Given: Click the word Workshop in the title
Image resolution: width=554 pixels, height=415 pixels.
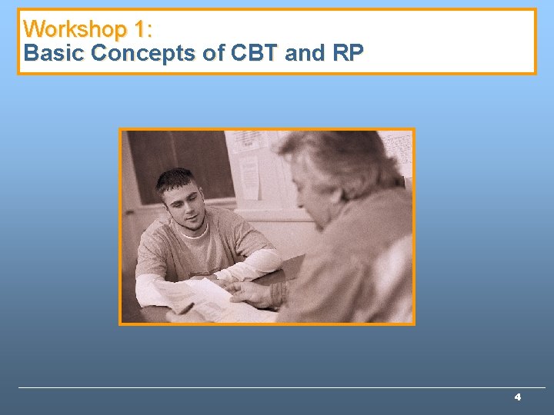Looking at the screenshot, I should (75, 30).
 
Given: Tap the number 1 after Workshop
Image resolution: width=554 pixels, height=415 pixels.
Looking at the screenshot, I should (141, 30).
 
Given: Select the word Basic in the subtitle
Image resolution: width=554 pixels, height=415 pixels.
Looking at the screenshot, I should (54, 54).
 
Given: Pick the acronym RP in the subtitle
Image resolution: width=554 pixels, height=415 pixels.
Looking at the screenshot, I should (347, 54).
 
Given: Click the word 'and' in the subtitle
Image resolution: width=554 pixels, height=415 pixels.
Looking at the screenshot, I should (302, 54).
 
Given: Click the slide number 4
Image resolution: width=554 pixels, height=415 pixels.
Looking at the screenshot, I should (518, 397).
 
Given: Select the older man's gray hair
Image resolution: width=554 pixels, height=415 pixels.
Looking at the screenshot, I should (339, 158).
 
